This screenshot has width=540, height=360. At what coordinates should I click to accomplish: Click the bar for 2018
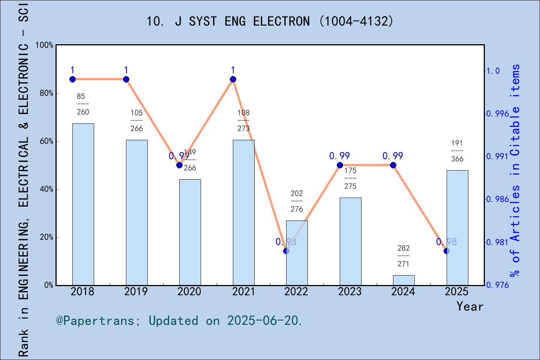coord(83,204)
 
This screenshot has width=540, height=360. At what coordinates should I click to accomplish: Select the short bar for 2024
coord(403,280)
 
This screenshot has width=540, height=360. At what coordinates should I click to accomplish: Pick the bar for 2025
coord(457,228)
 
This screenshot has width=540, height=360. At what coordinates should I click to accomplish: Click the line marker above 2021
coord(233,79)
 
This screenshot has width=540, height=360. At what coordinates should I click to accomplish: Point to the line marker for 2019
coord(126,79)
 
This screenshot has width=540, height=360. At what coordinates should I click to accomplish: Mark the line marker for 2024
coord(393,165)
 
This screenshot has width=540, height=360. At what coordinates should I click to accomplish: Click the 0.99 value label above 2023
coord(339,156)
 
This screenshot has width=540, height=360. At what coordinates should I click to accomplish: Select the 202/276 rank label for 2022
coord(297,201)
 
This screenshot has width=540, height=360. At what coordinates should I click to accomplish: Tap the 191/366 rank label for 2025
coord(457,151)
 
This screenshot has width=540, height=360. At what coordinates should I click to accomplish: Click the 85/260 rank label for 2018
coord(83,104)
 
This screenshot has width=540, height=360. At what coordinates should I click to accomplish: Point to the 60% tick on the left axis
coord(46,141)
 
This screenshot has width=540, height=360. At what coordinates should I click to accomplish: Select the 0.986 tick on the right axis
coord(497,199)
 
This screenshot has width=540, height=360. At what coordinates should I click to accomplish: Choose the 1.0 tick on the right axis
coord(493,70)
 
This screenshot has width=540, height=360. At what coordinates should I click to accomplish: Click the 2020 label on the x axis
coord(189,291)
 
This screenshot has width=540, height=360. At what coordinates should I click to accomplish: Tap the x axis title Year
coord(470,306)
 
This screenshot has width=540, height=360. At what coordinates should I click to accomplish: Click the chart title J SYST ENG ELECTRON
coord(270,21)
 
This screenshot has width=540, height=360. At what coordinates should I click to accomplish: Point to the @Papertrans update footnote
coord(179,321)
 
